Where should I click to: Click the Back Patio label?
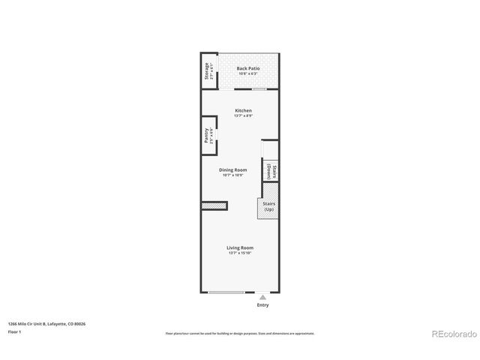tap(247, 67)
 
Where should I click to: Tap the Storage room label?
tap(206, 71)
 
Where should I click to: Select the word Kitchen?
tap(243, 111)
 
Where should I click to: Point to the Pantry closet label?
tap(206, 136)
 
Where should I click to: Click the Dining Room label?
tap(233, 170)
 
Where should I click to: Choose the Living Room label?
tap(241, 247)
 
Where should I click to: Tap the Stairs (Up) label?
tap(268, 206)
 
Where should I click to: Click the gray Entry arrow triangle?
tap(262, 297)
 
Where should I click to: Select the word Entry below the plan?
tap(262, 305)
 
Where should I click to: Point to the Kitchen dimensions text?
tap(243, 116)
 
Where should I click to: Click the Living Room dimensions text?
tap(241, 253)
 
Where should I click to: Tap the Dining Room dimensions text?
tap(233, 175)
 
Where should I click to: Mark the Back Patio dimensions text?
tap(247, 73)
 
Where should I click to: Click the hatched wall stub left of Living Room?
tap(214, 205)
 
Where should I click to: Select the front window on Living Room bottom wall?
tap(230, 292)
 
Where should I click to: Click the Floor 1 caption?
tap(14, 331)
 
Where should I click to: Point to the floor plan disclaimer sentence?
tap(240, 333)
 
